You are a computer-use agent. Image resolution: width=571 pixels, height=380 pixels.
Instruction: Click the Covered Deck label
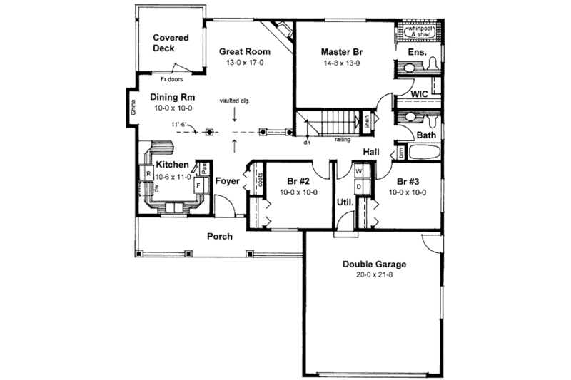pyautogui.click(x=171, y=43)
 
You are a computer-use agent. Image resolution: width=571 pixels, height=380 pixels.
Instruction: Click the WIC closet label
pyautogui.click(x=420, y=93)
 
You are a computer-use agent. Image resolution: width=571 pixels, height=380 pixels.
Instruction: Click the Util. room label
pyautogui.click(x=345, y=202)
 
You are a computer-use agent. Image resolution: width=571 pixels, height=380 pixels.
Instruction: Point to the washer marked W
pyautogui.click(x=359, y=173)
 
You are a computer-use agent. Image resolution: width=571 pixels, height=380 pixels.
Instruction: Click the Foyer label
pyautogui.click(x=228, y=181)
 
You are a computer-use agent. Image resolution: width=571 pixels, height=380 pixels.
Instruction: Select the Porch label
pyautogui.click(x=219, y=236)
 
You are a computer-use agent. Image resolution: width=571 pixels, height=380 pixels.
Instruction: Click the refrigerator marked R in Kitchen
pyautogui.click(x=147, y=173)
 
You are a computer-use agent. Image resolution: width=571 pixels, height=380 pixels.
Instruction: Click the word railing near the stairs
pyautogui.click(x=342, y=140)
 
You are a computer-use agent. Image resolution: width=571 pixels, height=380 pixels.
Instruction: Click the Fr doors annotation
pyautogui.click(x=171, y=79)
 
